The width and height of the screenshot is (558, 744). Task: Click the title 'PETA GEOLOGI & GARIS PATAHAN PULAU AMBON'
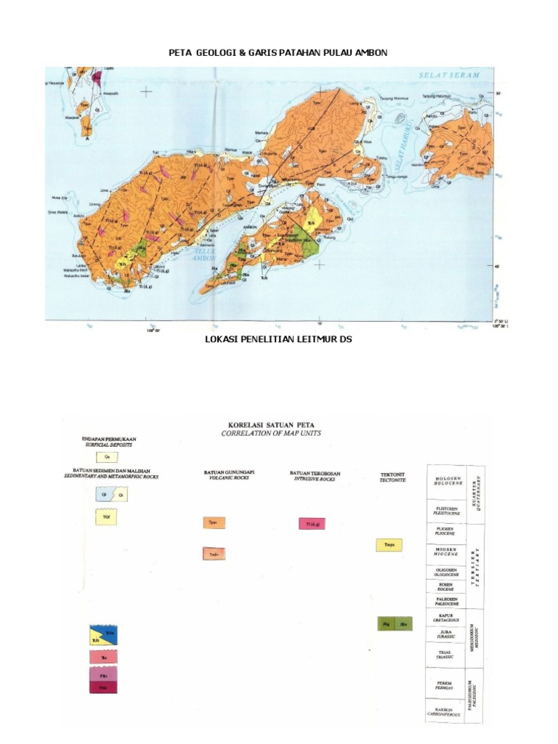278,54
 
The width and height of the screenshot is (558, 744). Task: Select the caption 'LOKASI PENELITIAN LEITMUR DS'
279,339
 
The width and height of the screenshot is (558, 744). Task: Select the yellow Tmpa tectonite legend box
389,545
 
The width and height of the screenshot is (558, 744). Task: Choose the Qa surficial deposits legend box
108,457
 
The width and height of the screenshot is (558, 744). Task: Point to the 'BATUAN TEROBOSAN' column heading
315,474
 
